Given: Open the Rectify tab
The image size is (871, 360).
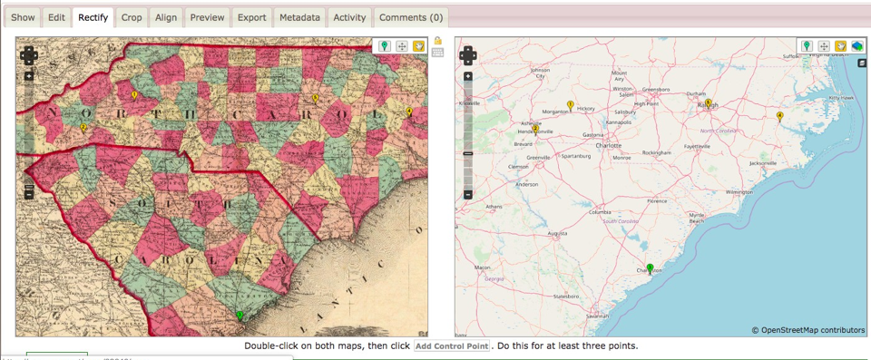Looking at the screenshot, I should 93,17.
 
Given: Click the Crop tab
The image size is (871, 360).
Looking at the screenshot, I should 132,17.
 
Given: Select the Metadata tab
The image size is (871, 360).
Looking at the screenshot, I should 299,17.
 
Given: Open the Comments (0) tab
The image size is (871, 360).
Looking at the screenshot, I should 410,17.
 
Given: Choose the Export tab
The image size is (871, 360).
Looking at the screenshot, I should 251,17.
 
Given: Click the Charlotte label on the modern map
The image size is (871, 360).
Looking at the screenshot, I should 608,145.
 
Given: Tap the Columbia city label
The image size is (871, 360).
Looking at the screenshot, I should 600,213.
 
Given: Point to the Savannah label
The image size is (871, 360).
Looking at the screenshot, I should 597,316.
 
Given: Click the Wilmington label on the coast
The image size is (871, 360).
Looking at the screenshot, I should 739,192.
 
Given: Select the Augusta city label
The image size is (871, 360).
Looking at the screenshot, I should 557,234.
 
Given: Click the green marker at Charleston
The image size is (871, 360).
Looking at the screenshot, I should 650,268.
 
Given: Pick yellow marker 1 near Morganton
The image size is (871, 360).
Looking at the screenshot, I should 570,106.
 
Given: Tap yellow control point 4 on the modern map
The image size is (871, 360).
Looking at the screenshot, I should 779,116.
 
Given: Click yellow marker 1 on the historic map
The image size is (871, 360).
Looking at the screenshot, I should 134,95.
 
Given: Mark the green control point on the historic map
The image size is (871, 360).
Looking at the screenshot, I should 240,315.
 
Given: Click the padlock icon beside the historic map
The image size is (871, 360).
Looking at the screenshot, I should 438,41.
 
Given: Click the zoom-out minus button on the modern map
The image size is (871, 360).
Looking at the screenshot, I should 468,194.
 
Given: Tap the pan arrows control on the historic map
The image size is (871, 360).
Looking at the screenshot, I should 29,56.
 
